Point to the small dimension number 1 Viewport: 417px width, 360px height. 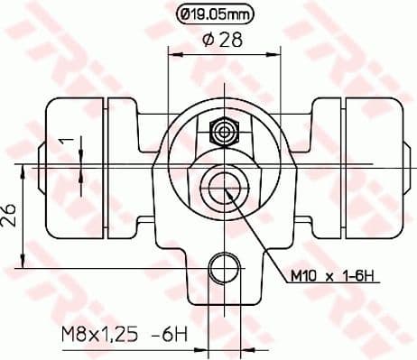coord(63,142)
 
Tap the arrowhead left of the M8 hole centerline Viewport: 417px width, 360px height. coord(203,346)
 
